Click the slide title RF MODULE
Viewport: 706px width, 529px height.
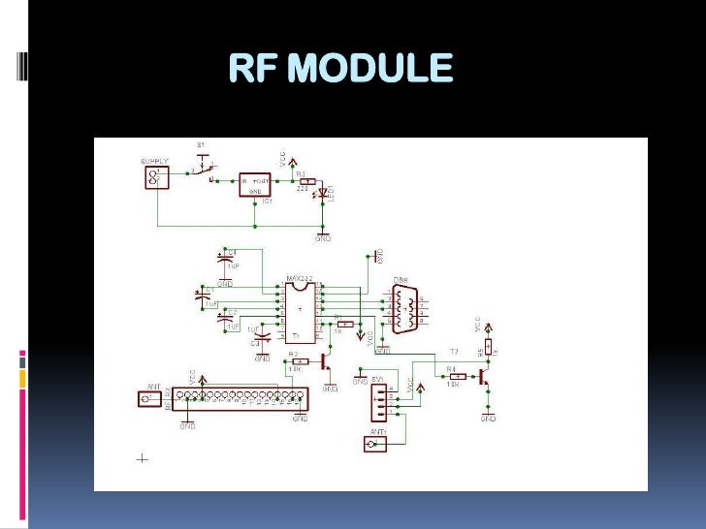tap(340, 69)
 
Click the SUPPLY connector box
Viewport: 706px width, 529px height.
tap(154, 177)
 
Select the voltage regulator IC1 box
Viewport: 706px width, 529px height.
tap(255, 183)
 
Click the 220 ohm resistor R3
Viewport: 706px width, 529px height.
tap(307, 181)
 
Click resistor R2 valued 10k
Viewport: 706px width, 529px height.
tap(300, 360)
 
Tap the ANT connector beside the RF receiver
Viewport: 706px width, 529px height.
tap(150, 398)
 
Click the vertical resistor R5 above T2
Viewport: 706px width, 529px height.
tap(488, 346)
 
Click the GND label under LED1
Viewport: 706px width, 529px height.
tap(323, 237)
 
